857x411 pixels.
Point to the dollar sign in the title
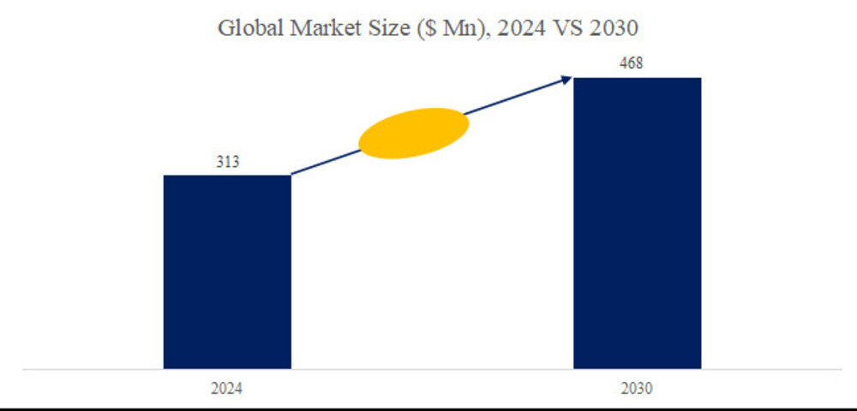(423, 29)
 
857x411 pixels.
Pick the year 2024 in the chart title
(505, 28)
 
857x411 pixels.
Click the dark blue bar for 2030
(637, 223)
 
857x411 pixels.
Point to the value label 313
(227, 163)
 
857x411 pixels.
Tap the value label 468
(637, 64)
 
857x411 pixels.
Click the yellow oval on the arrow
(414, 133)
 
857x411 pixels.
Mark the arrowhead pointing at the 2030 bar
(566, 79)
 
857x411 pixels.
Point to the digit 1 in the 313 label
(227, 163)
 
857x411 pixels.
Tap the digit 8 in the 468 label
(644, 64)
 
